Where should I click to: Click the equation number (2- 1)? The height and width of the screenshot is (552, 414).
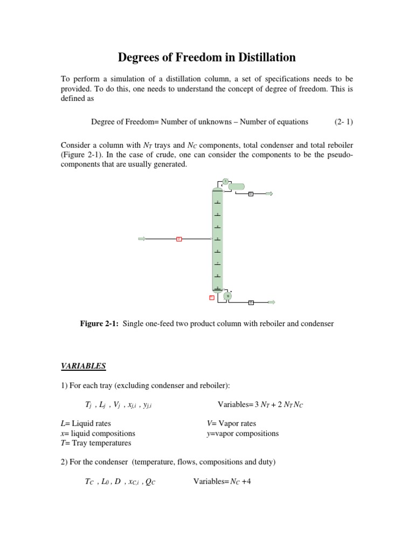[343, 122]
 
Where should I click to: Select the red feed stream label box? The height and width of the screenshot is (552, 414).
[179, 239]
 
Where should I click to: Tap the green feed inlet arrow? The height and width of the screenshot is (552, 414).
[142, 239]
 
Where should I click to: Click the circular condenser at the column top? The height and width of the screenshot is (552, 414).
[225, 181]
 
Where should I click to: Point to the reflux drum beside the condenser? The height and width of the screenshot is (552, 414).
[236, 187]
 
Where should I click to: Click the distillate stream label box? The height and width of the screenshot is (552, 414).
[251, 194]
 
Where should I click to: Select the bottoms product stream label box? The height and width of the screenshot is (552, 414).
[251, 302]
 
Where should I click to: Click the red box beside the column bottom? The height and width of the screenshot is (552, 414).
[212, 297]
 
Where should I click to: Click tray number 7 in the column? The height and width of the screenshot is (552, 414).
[217, 264]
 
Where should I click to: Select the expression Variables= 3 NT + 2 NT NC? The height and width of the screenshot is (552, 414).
[260, 404]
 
